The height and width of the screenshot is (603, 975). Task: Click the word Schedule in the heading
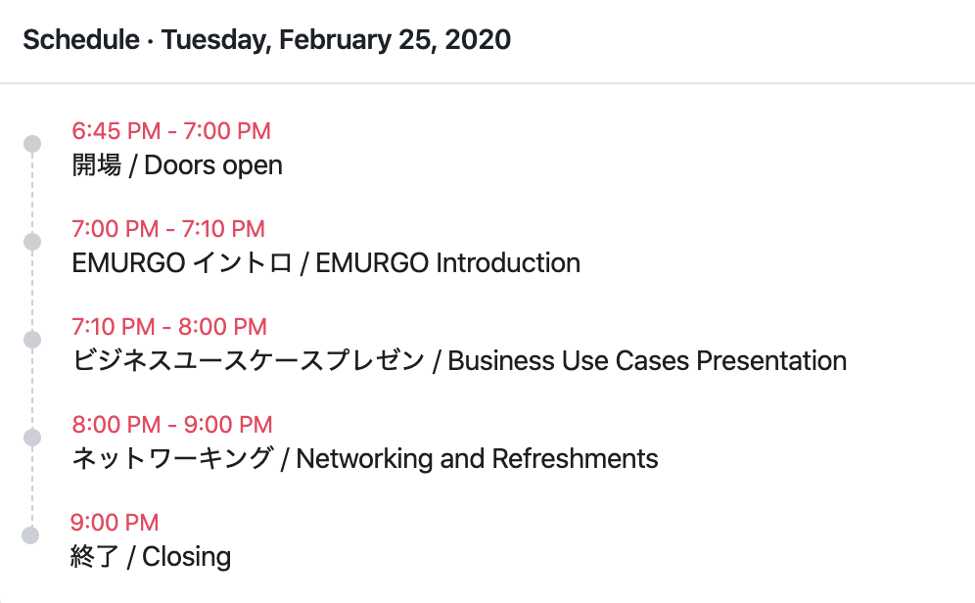[81, 40]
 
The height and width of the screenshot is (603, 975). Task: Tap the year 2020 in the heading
[478, 40]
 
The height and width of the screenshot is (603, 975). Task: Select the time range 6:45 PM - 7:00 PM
[171, 131]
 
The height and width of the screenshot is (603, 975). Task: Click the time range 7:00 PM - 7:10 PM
[168, 229]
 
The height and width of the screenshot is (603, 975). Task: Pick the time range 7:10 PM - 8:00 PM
[169, 327]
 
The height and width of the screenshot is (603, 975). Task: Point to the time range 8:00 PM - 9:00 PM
[172, 425]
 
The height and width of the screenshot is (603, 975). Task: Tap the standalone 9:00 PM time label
[115, 522]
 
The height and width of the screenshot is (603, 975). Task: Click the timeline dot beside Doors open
[32, 144]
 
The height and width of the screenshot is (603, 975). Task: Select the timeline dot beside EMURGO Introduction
[32, 242]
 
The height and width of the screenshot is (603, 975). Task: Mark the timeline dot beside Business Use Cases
[32, 340]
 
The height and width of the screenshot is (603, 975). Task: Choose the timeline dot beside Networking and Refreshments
[32, 438]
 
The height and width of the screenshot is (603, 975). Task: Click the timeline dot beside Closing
[30, 535]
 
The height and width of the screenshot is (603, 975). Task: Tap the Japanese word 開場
[96, 165]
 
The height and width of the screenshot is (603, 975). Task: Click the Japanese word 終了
[95, 556]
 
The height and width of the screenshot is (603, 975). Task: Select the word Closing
[187, 557]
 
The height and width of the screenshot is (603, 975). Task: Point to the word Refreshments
[576, 459]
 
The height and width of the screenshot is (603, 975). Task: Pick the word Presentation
[771, 361]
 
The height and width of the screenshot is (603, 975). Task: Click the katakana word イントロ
[242, 263]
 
